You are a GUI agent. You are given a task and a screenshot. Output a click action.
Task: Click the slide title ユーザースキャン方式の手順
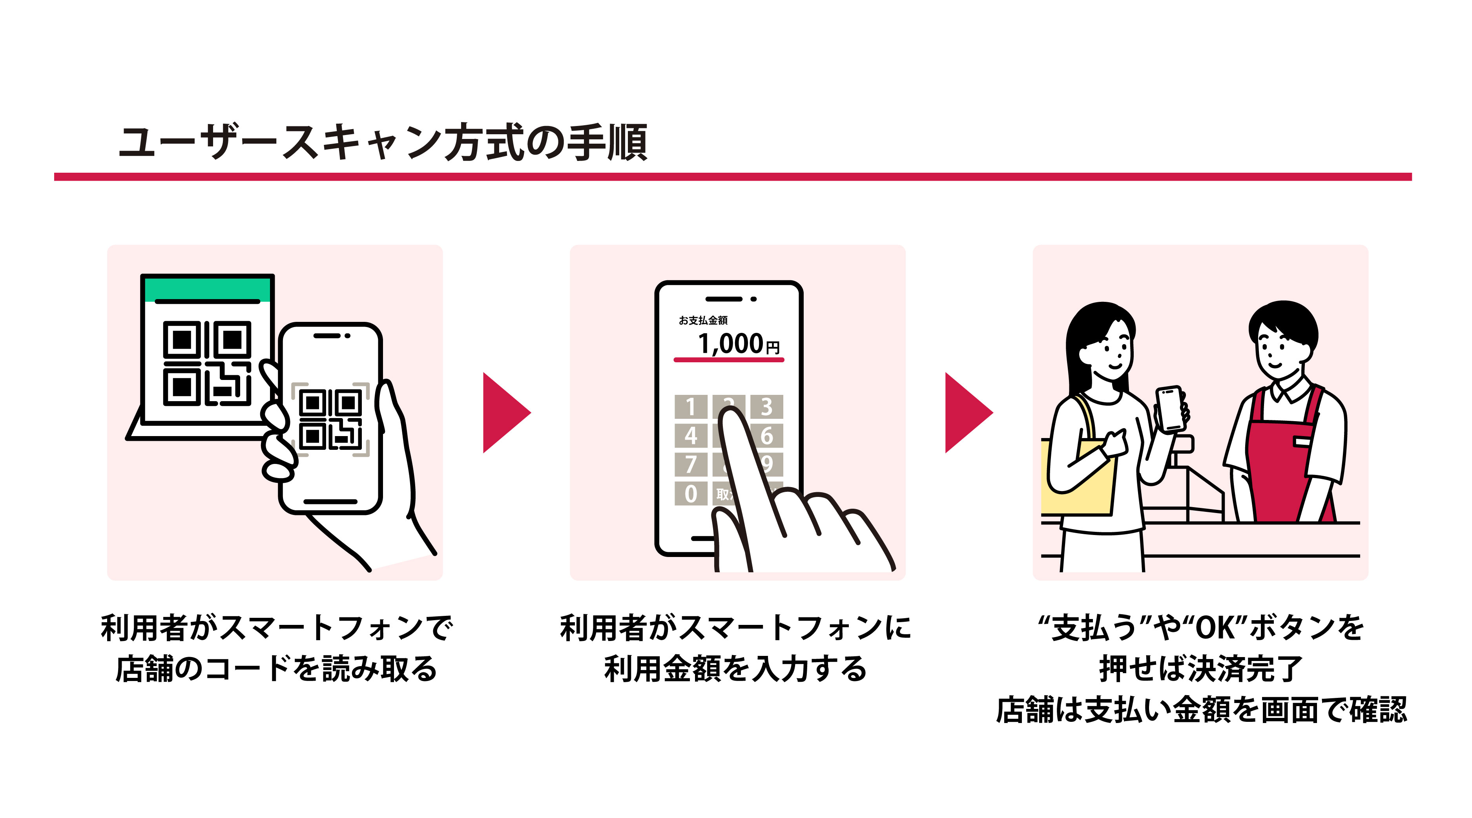pyautogui.click(x=383, y=142)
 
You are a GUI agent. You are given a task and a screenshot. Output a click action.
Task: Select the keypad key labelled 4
pyautogui.click(x=690, y=436)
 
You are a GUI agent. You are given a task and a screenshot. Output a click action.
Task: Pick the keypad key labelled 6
pyautogui.click(x=767, y=436)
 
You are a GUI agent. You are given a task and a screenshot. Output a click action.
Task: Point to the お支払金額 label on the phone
pyautogui.click(x=703, y=320)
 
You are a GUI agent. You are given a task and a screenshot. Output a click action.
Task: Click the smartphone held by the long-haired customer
pyautogui.click(x=1170, y=408)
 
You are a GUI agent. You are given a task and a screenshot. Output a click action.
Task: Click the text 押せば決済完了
pyautogui.click(x=1200, y=669)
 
